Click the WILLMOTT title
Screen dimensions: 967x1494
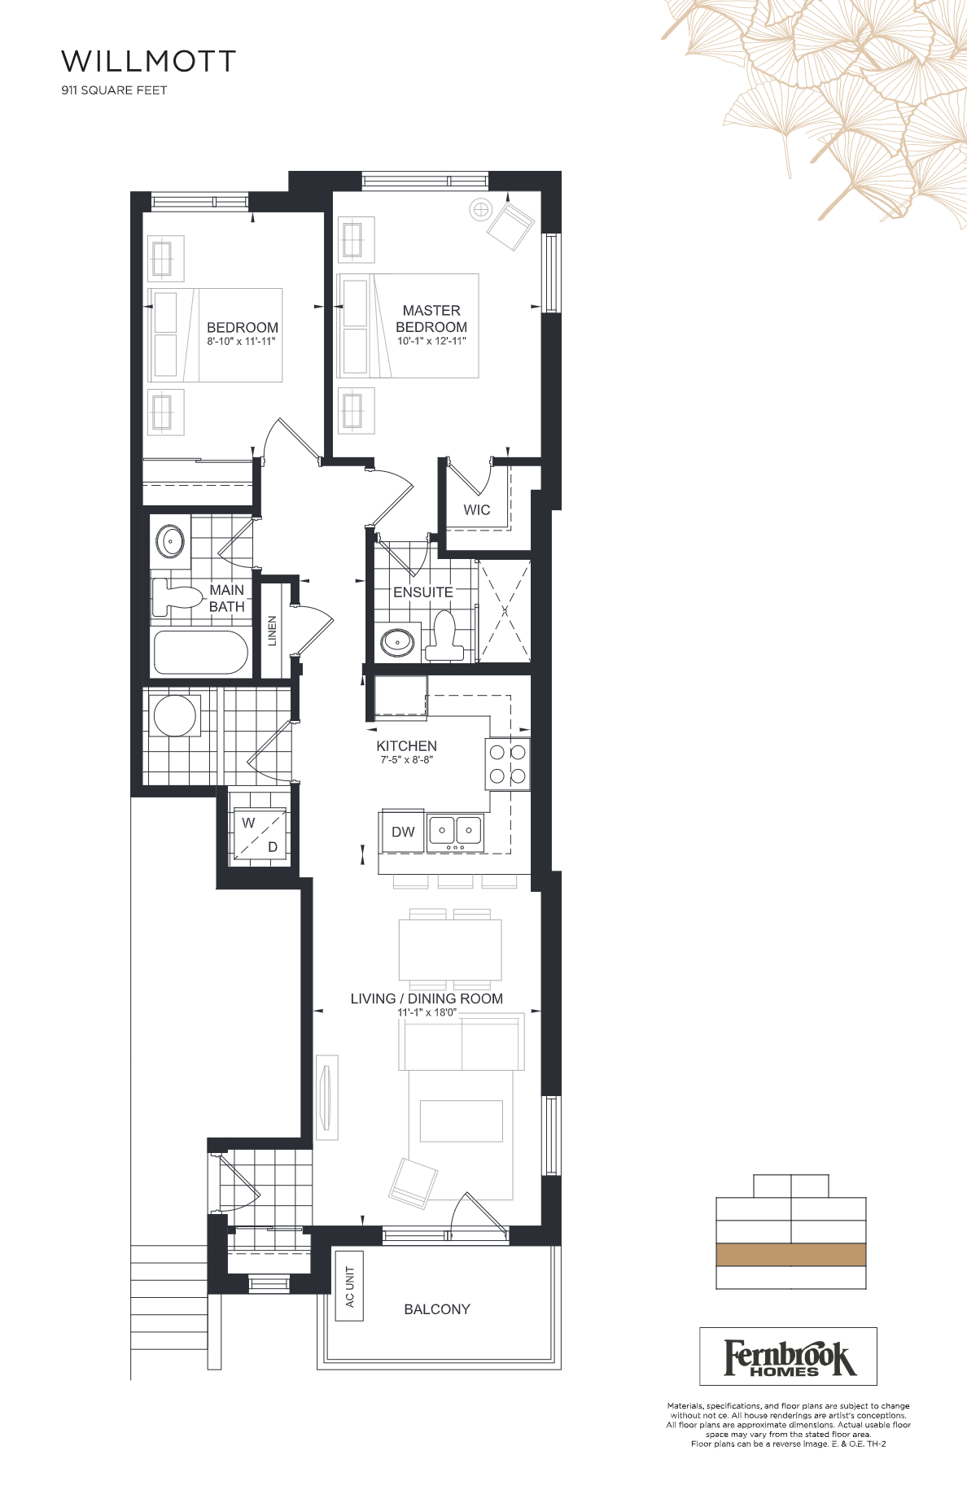pos(149,61)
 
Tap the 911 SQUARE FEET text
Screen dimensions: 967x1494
pos(114,90)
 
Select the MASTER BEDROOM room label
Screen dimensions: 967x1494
pos(431,318)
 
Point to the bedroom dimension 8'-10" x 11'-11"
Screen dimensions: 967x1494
pos(241,341)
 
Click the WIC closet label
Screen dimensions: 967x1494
pos(477,510)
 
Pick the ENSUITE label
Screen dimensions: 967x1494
pos(423,592)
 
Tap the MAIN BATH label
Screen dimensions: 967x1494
pos(226,598)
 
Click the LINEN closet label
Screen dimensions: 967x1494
pos(273,631)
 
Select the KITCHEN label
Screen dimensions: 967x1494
pos(406,745)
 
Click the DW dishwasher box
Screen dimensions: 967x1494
pos(403,832)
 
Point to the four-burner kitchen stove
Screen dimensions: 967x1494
pos(508,764)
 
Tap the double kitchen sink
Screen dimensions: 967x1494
pos(456,832)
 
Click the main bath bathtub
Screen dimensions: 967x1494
pos(201,653)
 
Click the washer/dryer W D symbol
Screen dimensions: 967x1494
pos(260,834)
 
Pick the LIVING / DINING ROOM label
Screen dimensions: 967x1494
pos(427,998)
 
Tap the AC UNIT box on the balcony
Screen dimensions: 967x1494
pos(349,1286)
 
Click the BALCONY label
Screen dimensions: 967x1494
pos(437,1309)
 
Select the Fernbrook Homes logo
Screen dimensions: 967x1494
pos(788,1356)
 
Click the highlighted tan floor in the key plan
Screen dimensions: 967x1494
pos(791,1255)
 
